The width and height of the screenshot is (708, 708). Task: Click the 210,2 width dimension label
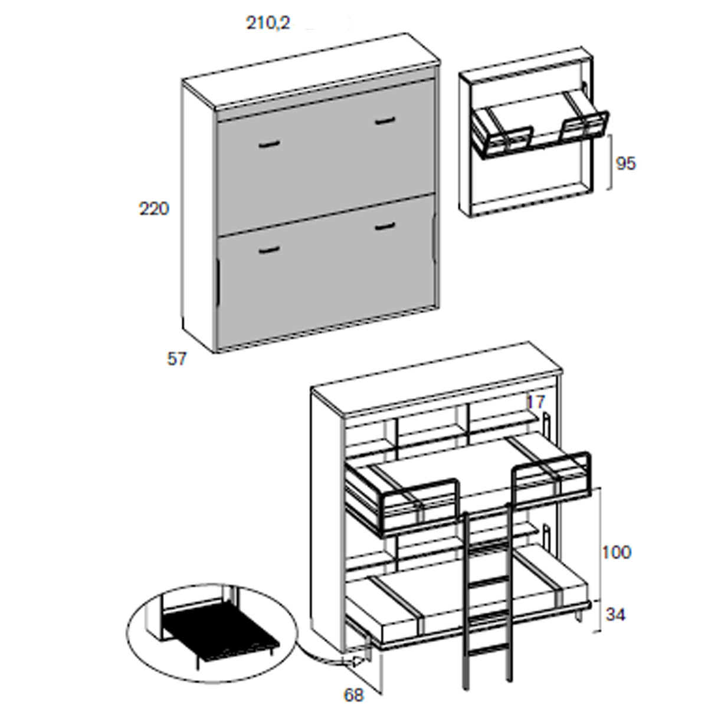[x=268, y=24]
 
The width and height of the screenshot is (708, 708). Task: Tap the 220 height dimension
[x=154, y=209]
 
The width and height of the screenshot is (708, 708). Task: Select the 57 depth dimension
[x=177, y=359]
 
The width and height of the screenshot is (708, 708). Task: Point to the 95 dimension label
[x=626, y=163]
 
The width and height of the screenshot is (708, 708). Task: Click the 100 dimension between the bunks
[x=617, y=562]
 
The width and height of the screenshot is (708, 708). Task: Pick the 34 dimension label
[x=615, y=614]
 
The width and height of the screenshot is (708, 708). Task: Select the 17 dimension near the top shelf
[x=536, y=402]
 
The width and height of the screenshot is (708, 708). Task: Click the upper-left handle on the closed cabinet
[x=269, y=145]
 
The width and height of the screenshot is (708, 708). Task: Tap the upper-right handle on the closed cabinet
[x=385, y=121]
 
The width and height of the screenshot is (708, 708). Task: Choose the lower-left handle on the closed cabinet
[x=269, y=250]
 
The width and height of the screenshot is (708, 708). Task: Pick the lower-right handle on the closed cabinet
[x=385, y=227]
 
